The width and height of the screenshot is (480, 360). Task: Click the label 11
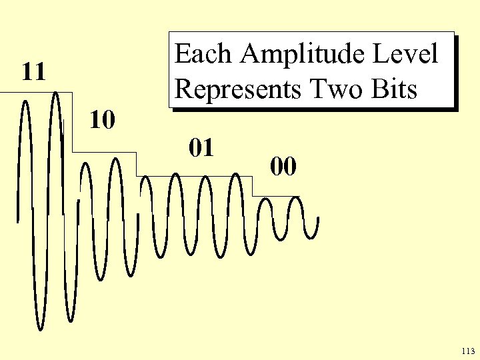(33, 71)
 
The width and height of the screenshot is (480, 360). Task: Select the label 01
(201, 147)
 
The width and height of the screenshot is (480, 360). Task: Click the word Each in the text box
(203, 54)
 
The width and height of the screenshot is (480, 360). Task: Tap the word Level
(410, 54)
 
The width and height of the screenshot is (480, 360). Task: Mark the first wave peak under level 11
(25, 101)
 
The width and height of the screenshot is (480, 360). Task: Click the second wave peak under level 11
(56, 92)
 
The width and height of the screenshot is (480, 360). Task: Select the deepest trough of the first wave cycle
(40, 329)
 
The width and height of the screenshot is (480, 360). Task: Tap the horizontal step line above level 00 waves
(276, 196)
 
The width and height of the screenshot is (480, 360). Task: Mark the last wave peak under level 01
(235, 175)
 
